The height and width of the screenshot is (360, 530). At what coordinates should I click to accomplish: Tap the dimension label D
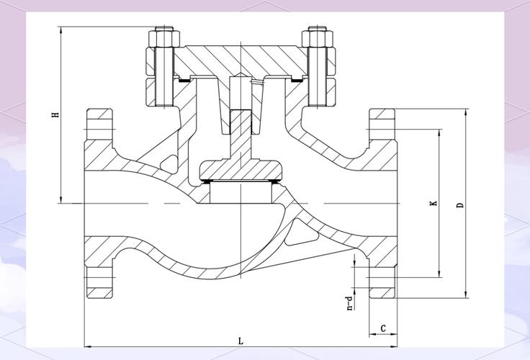460,205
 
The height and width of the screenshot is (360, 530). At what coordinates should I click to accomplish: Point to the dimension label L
241,341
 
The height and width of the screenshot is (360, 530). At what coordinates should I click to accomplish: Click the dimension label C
383,328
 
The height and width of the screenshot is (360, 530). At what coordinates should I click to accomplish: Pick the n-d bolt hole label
350,303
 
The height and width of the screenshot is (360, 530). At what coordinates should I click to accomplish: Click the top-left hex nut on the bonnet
164,39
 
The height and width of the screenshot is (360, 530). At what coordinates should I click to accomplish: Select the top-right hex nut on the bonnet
318,39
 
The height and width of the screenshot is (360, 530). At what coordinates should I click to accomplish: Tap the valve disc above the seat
241,171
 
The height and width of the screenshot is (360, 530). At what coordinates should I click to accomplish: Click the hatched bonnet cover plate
241,61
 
